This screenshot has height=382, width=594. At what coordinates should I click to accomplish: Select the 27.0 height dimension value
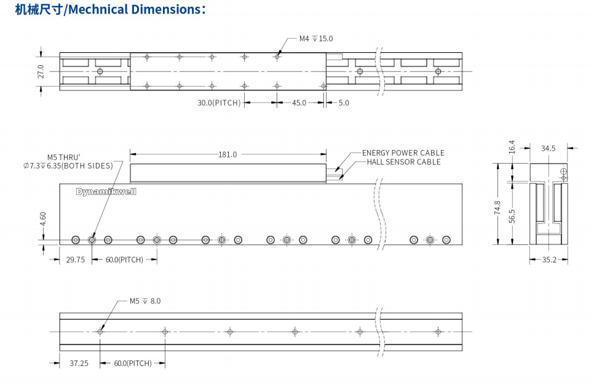pyautogui.click(x=41, y=71)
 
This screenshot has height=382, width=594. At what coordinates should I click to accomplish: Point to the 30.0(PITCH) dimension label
pyautogui.click(x=219, y=103)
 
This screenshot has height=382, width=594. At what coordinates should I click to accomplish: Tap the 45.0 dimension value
pyautogui.click(x=299, y=103)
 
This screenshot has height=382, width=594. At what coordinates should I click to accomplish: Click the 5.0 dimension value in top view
pyautogui.click(x=343, y=103)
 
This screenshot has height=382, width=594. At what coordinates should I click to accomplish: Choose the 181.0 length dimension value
pyautogui.click(x=228, y=154)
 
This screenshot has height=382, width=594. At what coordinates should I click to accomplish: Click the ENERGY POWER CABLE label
pyautogui.click(x=403, y=153)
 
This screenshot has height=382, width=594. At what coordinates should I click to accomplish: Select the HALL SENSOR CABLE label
pyautogui.click(x=403, y=162)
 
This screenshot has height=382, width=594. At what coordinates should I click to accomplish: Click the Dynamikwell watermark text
pyautogui.click(x=106, y=191)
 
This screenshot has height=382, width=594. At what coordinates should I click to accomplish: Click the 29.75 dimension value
pyautogui.click(x=75, y=260)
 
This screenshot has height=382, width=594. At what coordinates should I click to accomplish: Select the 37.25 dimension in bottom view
pyautogui.click(x=79, y=363)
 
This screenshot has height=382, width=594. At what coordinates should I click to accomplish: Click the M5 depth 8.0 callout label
pyautogui.click(x=145, y=301)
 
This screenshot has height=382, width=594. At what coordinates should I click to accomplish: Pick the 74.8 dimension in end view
pyautogui.click(x=497, y=209)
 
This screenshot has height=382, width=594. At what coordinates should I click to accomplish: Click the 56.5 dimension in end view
pyautogui.click(x=512, y=216)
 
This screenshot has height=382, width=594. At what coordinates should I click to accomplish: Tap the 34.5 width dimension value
pyautogui.click(x=548, y=148)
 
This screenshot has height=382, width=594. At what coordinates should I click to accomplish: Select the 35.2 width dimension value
pyautogui.click(x=548, y=260)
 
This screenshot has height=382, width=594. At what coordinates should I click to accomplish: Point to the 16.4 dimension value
pyautogui.click(x=512, y=147)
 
